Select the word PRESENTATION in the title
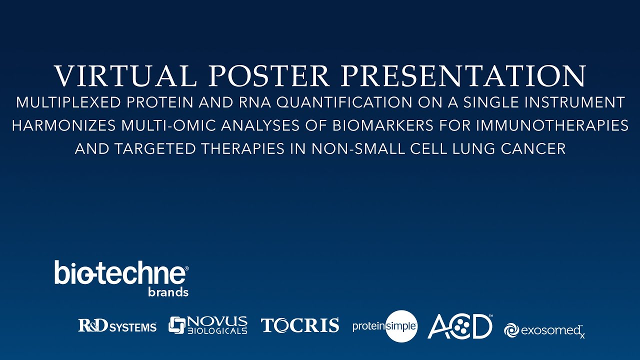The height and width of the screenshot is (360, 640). click(465, 76)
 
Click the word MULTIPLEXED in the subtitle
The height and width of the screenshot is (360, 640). click(68, 103)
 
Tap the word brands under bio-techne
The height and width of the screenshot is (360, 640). click(168, 292)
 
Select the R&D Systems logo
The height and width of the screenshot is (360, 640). click(117, 326)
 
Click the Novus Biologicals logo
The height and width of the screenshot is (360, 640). click(207, 325)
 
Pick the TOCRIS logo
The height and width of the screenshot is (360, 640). click(299, 325)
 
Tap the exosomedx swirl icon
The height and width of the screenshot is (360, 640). click(511, 330)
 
